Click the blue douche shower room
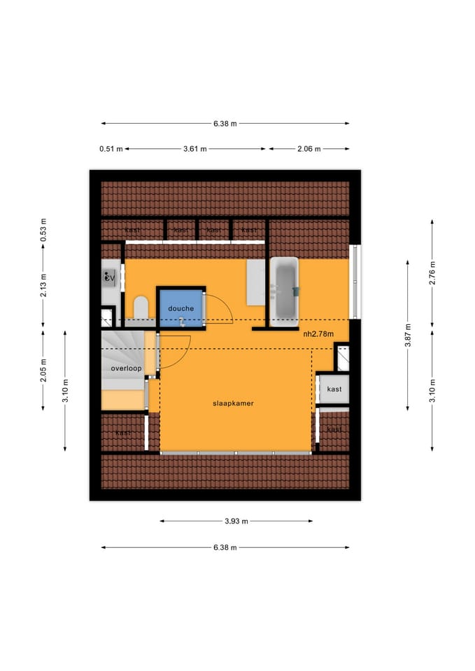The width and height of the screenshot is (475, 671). (180, 308)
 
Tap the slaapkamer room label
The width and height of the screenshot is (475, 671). (233, 403)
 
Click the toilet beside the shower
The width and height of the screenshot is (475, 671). (140, 308)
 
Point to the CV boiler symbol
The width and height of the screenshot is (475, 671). (109, 278)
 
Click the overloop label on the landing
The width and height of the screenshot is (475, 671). (126, 368)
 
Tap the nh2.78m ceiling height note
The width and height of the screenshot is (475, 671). (318, 334)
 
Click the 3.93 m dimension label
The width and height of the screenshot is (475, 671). (236, 521)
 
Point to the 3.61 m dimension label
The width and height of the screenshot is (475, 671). (195, 149)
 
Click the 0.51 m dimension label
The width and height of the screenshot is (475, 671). (111, 149)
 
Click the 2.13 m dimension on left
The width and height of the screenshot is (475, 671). (43, 284)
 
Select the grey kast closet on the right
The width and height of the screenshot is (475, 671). (334, 389)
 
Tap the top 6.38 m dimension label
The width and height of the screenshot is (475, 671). (225, 124)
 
